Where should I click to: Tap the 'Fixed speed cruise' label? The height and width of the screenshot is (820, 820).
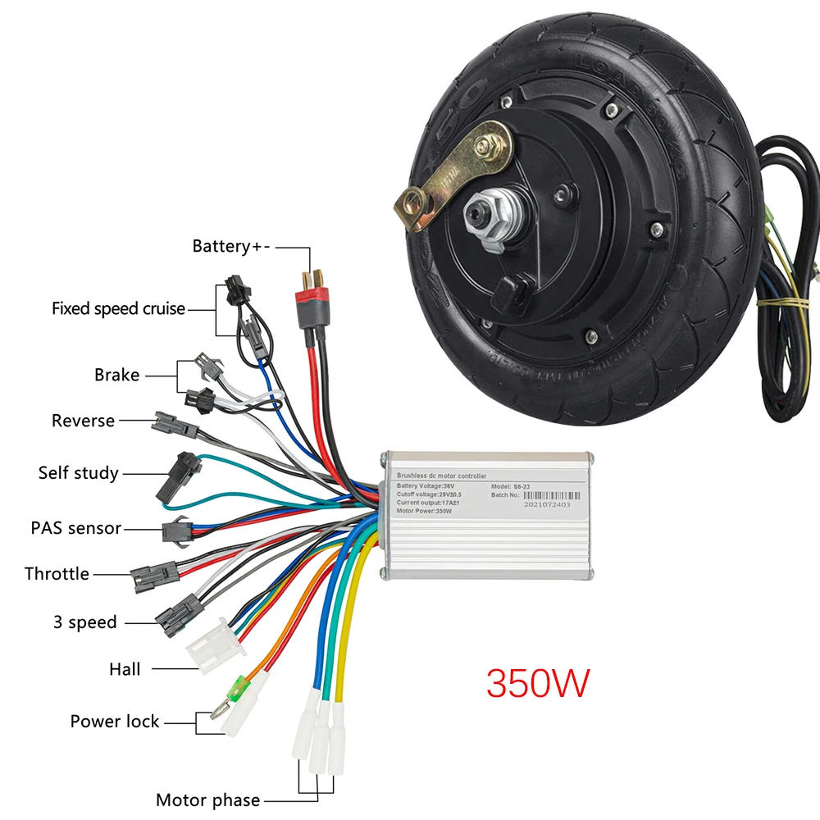(118, 309)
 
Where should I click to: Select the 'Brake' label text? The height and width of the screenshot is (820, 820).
(116, 375)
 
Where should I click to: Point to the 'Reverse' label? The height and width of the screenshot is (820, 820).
(83, 421)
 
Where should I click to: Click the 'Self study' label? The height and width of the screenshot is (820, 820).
(78, 473)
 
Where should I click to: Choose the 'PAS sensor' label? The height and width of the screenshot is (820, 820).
(76, 528)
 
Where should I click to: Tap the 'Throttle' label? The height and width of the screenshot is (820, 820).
(57, 574)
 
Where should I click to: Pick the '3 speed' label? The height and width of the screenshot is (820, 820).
(85, 622)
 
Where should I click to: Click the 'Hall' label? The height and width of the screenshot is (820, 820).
(125, 669)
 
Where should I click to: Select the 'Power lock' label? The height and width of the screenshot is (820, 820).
(115, 722)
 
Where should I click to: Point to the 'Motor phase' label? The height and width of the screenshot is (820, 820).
(207, 800)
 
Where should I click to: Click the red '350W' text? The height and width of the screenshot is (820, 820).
(538, 682)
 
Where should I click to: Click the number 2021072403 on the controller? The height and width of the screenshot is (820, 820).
(544, 506)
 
